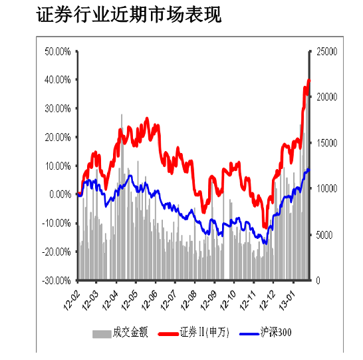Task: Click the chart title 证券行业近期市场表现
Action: point(129,15)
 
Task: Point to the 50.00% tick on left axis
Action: point(58,52)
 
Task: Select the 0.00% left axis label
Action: point(60,194)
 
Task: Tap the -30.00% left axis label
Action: point(57,281)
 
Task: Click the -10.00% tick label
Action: point(57,223)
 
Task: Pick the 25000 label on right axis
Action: point(327,52)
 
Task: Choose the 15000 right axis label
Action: point(327,143)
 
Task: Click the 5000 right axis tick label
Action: point(324,235)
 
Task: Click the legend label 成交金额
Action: point(130,332)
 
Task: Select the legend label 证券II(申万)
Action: point(204,332)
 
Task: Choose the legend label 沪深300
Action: point(276,332)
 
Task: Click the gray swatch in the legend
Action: point(102,334)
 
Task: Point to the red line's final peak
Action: point(308,80)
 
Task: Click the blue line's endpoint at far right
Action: point(308,170)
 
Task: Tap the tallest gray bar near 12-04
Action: point(122,196)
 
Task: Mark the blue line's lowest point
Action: point(266,244)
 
